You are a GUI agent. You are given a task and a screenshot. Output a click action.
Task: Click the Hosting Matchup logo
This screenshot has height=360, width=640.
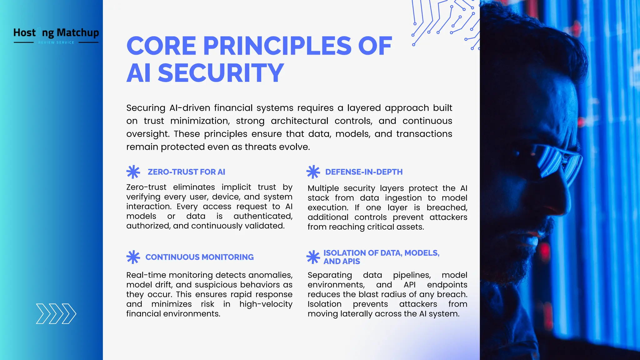(x=56, y=33)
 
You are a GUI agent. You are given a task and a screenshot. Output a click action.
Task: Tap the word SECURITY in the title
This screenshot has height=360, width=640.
(x=221, y=73)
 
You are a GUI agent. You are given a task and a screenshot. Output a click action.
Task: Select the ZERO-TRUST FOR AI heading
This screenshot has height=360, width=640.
(x=186, y=172)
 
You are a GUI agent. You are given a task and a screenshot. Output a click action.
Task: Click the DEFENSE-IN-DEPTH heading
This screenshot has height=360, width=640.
(x=364, y=172)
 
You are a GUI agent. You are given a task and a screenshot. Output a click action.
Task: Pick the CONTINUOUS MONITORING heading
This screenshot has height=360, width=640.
(x=199, y=257)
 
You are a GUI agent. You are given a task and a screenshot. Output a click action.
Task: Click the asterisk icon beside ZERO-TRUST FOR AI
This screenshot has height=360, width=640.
(x=133, y=172)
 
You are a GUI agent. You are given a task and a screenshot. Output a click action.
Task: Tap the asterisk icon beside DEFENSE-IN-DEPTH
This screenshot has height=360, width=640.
(x=313, y=172)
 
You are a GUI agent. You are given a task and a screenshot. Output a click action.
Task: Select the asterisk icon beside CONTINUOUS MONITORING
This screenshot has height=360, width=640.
(x=133, y=257)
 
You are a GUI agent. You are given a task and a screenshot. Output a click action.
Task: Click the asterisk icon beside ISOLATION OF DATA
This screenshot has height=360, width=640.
(x=313, y=257)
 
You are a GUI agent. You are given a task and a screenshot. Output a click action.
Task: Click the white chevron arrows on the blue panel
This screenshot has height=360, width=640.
(x=56, y=313)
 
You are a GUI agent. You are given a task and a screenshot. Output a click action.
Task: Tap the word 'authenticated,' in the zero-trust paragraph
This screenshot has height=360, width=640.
(x=263, y=216)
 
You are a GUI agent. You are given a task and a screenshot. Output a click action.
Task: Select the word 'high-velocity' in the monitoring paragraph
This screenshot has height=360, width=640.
(x=266, y=304)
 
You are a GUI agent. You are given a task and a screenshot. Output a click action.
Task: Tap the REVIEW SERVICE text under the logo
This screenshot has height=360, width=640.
(x=56, y=42)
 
